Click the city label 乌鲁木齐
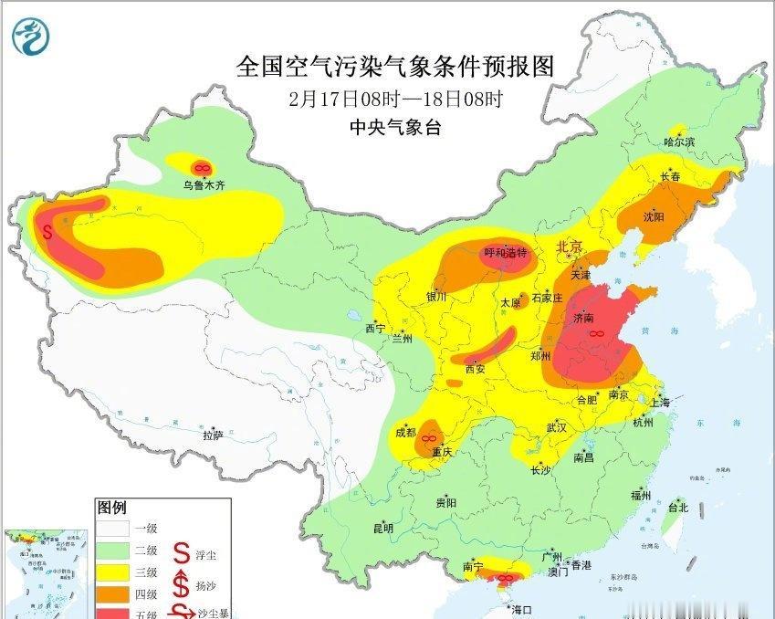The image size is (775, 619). (203, 185)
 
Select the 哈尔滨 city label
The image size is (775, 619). (679, 142)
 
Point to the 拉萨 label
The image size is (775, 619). (213, 436)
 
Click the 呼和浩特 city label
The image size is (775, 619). (505, 253)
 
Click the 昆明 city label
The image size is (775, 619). (382, 528)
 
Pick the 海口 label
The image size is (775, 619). (521, 609)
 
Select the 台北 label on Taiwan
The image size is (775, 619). (677, 507)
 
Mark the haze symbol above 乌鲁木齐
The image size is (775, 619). (202, 168)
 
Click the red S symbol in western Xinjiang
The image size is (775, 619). (47, 233)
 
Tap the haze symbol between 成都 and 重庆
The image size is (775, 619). (427, 438)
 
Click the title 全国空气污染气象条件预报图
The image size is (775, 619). (395, 67)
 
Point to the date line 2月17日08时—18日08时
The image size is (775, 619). (395, 99)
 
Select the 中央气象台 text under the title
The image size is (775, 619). (395, 128)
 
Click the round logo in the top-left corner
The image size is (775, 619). (33, 37)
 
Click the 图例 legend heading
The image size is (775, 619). (112, 508)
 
